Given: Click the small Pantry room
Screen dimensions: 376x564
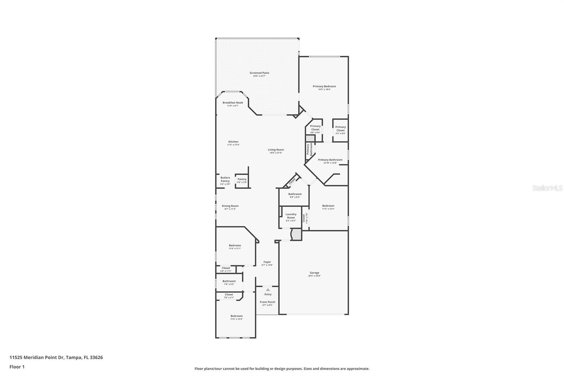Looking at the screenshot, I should (242, 180).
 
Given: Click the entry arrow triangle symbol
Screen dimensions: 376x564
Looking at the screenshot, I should (268, 290).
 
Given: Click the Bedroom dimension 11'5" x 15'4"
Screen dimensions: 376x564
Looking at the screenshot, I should (328, 209).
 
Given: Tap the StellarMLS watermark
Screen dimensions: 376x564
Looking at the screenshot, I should (547, 188).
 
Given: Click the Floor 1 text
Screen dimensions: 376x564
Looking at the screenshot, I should (17, 367).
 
